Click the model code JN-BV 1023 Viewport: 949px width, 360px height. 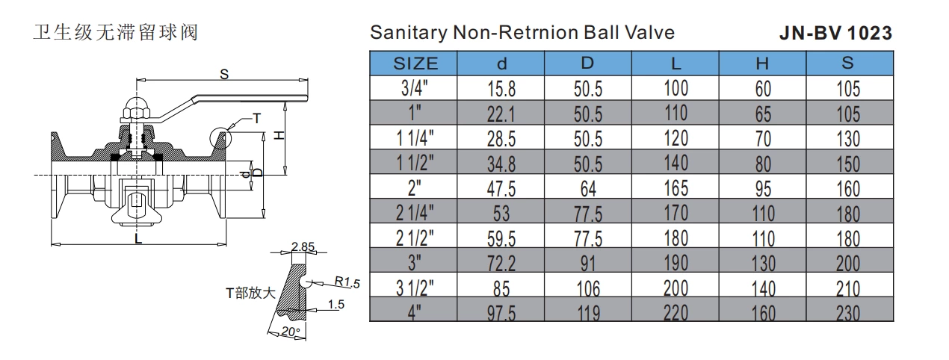[x=835, y=34]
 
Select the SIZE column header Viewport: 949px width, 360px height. [x=415, y=63]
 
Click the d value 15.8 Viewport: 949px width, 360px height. [x=501, y=90]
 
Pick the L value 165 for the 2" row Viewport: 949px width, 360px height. [x=676, y=187]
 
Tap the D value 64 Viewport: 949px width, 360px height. [x=588, y=188]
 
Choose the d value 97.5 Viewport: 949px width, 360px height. [x=501, y=312]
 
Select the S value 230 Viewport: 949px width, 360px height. [x=848, y=312]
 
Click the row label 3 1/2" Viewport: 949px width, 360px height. [x=415, y=288]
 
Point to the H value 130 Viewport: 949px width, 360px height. [x=762, y=263]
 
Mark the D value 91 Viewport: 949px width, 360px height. [x=588, y=263]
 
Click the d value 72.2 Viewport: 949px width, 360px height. [x=501, y=263]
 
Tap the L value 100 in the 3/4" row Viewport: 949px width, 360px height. [x=676, y=89]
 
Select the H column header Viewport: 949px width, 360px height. [x=762, y=63]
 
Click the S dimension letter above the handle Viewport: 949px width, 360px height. [x=224, y=73]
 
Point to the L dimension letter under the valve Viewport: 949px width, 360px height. [x=139, y=239]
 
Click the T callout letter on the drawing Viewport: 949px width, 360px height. [x=256, y=118]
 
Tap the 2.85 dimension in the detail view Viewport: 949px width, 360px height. [x=303, y=246]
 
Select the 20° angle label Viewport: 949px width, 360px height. [x=290, y=331]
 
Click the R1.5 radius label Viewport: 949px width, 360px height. [x=347, y=282]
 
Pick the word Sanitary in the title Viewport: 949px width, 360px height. [x=407, y=33]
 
